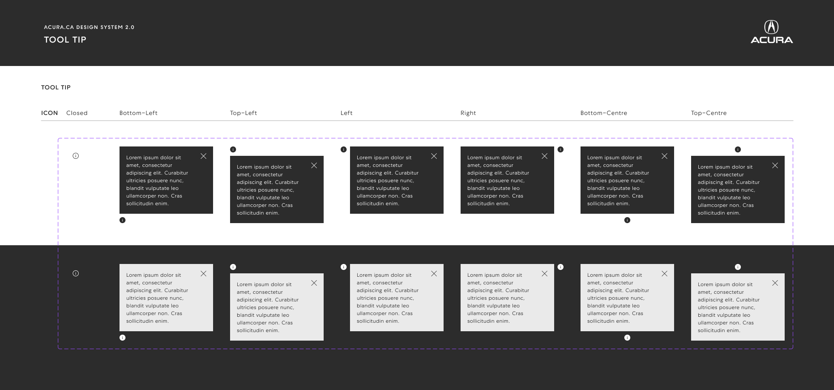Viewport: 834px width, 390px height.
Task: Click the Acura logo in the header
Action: click(771, 32)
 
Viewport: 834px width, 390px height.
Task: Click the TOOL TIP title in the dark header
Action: click(65, 40)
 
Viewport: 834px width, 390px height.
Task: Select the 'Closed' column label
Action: click(77, 113)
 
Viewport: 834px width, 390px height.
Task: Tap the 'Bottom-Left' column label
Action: click(138, 113)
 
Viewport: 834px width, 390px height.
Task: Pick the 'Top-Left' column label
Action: click(243, 113)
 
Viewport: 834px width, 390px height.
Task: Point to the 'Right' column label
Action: click(468, 113)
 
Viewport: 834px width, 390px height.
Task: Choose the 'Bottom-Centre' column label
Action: click(603, 113)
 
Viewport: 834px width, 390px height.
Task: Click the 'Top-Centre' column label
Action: click(709, 113)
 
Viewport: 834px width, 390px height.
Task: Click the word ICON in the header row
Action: click(49, 113)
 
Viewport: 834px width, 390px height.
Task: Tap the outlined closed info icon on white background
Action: click(76, 156)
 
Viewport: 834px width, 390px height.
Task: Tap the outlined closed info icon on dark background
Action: click(76, 273)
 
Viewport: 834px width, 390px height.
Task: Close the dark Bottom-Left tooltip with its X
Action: click(204, 156)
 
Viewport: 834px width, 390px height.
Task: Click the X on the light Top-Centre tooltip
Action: click(775, 283)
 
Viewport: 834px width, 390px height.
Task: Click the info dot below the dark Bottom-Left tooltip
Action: click(122, 220)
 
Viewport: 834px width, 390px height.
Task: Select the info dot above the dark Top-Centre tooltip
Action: click(738, 149)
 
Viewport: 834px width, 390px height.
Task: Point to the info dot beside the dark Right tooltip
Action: click(561, 149)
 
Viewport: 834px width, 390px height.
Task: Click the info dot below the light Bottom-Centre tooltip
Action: click(627, 338)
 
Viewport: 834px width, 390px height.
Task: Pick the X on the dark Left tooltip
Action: click(434, 156)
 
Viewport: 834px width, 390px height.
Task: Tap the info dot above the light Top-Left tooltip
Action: click(233, 267)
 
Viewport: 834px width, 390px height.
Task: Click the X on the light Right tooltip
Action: click(545, 274)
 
